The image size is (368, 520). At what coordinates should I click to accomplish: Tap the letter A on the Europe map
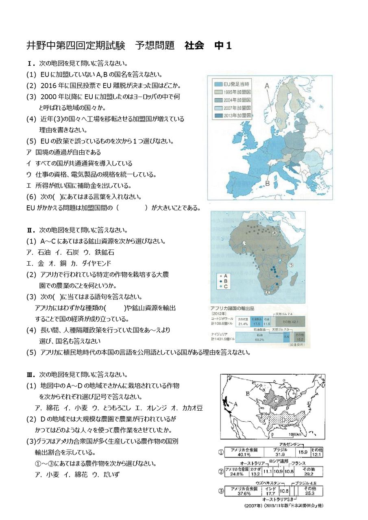(x=267, y=86)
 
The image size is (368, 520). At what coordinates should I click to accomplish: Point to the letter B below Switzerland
(x=267, y=184)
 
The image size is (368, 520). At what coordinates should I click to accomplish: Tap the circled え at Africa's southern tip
(x=267, y=292)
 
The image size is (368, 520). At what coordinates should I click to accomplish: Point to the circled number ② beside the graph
(x=221, y=471)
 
